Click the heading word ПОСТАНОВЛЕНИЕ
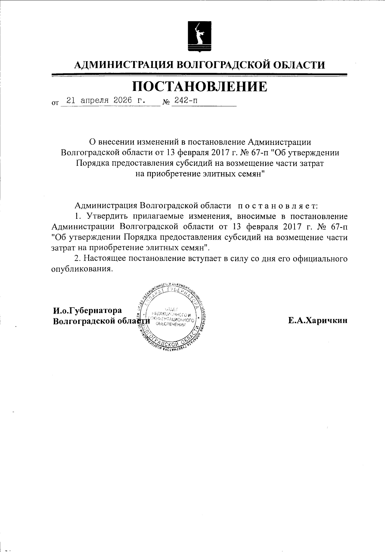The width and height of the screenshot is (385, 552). pos(200,86)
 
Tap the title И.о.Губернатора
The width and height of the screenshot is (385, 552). pos(88,311)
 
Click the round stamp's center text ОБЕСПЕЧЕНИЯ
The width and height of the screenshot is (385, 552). pos(171,325)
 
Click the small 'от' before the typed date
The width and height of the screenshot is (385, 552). pos(55,103)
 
